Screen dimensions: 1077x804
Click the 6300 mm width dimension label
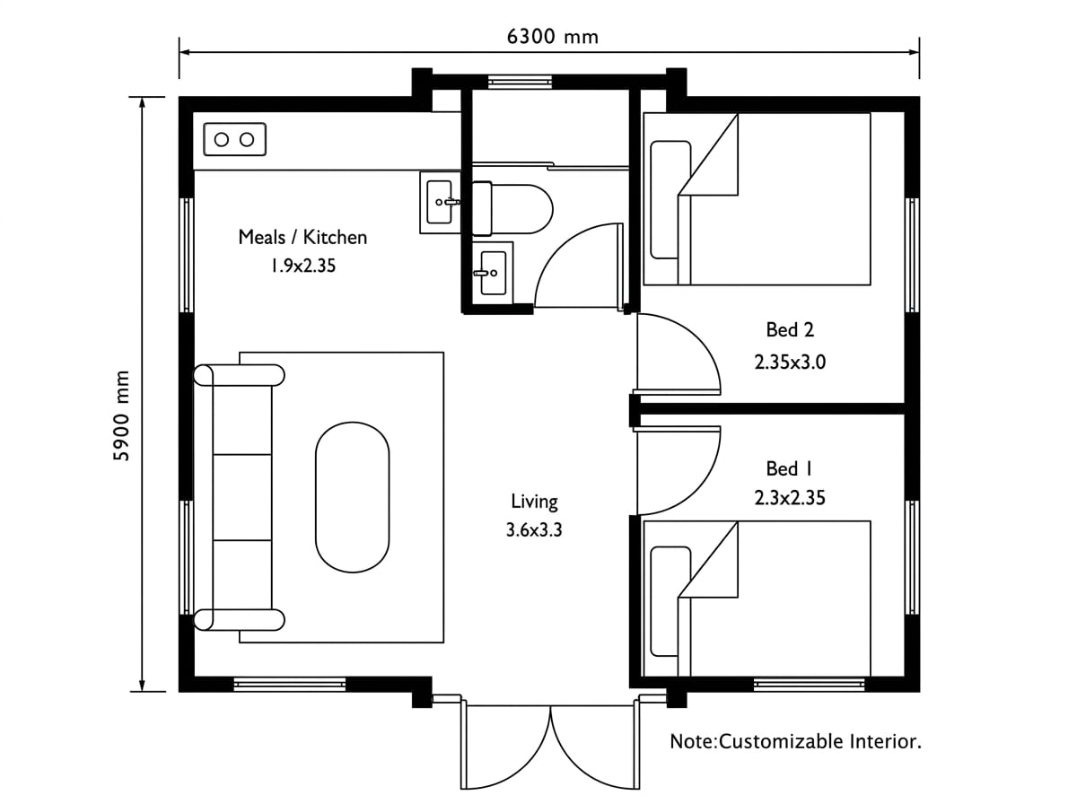pyautogui.click(x=552, y=37)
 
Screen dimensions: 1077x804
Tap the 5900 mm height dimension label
pyautogui.click(x=120, y=415)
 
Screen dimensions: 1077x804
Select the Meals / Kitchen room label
pyautogui.click(x=302, y=238)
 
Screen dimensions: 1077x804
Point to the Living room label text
pyautogui.click(x=534, y=501)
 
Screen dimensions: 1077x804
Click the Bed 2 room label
pyautogui.click(x=790, y=329)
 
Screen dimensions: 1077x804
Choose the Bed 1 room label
pyautogui.click(x=789, y=469)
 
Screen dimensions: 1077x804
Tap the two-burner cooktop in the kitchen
pyautogui.click(x=234, y=139)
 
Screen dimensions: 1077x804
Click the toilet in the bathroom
pyautogui.click(x=512, y=209)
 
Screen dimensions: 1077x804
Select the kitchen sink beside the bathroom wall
pyautogui.click(x=440, y=202)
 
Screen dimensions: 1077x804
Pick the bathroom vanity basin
pyautogui.click(x=493, y=273)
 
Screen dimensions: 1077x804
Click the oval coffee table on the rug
pyautogui.click(x=353, y=497)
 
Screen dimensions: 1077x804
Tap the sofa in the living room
pyautogui.click(x=239, y=497)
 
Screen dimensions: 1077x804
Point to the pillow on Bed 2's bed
pyautogui.click(x=670, y=199)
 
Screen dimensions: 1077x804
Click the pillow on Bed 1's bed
pyautogui.click(x=670, y=601)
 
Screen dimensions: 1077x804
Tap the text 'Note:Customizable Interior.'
pyautogui.click(x=795, y=741)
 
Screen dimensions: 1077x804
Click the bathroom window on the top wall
pyautogui.click(x=520, y=82)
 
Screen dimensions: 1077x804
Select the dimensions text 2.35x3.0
pyautogui.click(x=790, y=362)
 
